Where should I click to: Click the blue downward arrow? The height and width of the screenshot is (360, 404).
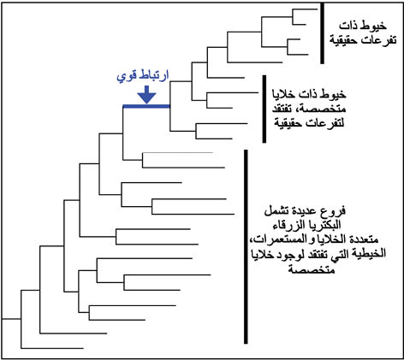point(146,95)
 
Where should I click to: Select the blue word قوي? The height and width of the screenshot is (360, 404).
point(126,77)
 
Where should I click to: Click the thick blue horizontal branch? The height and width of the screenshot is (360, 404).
point(146,106)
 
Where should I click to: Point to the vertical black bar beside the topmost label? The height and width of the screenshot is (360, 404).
point(322,33)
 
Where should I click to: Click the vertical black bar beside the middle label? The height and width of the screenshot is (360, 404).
point(264,109)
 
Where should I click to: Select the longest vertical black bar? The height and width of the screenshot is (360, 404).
point(246,246)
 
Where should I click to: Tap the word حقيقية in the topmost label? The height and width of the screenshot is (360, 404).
point(342,40)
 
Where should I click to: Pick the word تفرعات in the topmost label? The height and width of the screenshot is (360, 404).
point(377,40)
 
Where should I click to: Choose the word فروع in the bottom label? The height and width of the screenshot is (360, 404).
point(336,211)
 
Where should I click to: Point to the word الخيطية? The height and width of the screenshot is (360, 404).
point(370,254)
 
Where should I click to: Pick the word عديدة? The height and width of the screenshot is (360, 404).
point(308,211)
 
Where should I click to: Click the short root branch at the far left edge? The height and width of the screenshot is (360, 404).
point(11,319)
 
